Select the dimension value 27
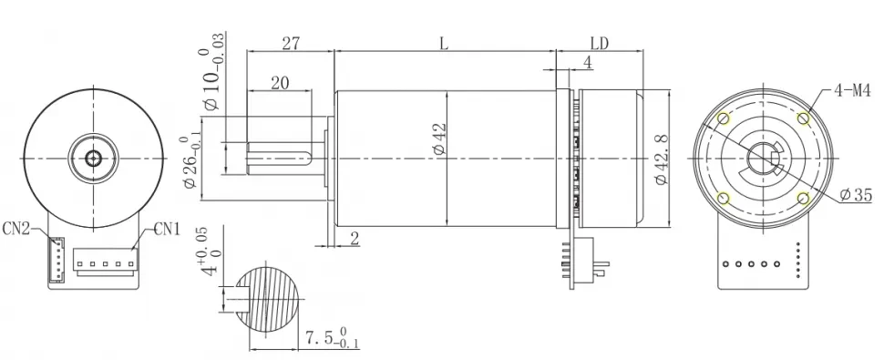pos(291,43)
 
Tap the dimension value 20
pos(280,83)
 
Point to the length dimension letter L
pos(444,43)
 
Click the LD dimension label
pos(601,43)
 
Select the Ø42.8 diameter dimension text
pos(662,158)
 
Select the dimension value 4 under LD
pos(587,63)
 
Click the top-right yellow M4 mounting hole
pos(803,118)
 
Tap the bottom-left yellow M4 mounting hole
pos(724,199)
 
